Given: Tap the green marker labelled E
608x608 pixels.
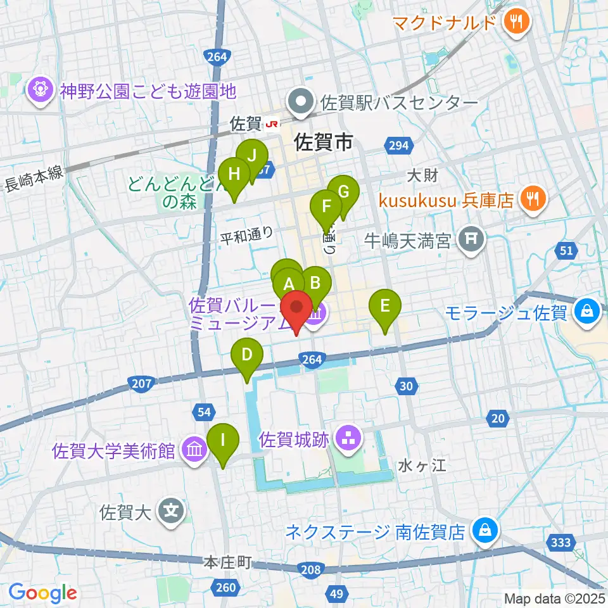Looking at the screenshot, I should (384, 308).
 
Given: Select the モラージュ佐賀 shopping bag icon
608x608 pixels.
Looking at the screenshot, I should (587, 312).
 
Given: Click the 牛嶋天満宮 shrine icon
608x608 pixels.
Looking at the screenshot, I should (471, 239).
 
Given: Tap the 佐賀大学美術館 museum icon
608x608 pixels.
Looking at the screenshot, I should (194, 450).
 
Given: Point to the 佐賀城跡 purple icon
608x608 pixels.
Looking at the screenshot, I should (348, 437).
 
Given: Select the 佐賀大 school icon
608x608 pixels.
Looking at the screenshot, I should (171, 511).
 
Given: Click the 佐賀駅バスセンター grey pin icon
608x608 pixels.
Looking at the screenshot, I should (299, 101).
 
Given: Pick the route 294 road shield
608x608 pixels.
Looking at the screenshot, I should (398, 146).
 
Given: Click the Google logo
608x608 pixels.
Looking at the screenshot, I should (42, 593).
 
